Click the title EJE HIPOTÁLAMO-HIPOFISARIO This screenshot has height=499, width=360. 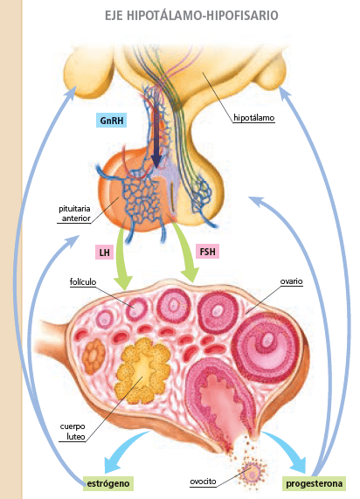(x=191, y=15)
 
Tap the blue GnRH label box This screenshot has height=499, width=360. (x=111, y=121)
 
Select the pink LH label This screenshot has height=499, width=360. (x=104, y=253)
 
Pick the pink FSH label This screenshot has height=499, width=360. (x=208, y=252)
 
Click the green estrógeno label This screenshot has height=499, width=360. (x=108, y=483)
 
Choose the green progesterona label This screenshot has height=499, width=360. (x=315, y=483)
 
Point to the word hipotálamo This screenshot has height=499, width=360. (x=254, y=118)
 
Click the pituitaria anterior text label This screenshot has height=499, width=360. (x=75, y=213)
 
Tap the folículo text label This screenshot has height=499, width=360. (x=83, y=282)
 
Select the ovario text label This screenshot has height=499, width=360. (x=291, y=281)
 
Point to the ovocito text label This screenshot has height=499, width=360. (x=203, y=482)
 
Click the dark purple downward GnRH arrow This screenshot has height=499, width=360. (x=156, y=137)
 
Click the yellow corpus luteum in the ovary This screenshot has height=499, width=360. (x=142, y=370)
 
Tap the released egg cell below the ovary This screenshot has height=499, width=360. (x=253, y=471)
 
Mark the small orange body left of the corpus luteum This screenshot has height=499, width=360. (x=93, y=357)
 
